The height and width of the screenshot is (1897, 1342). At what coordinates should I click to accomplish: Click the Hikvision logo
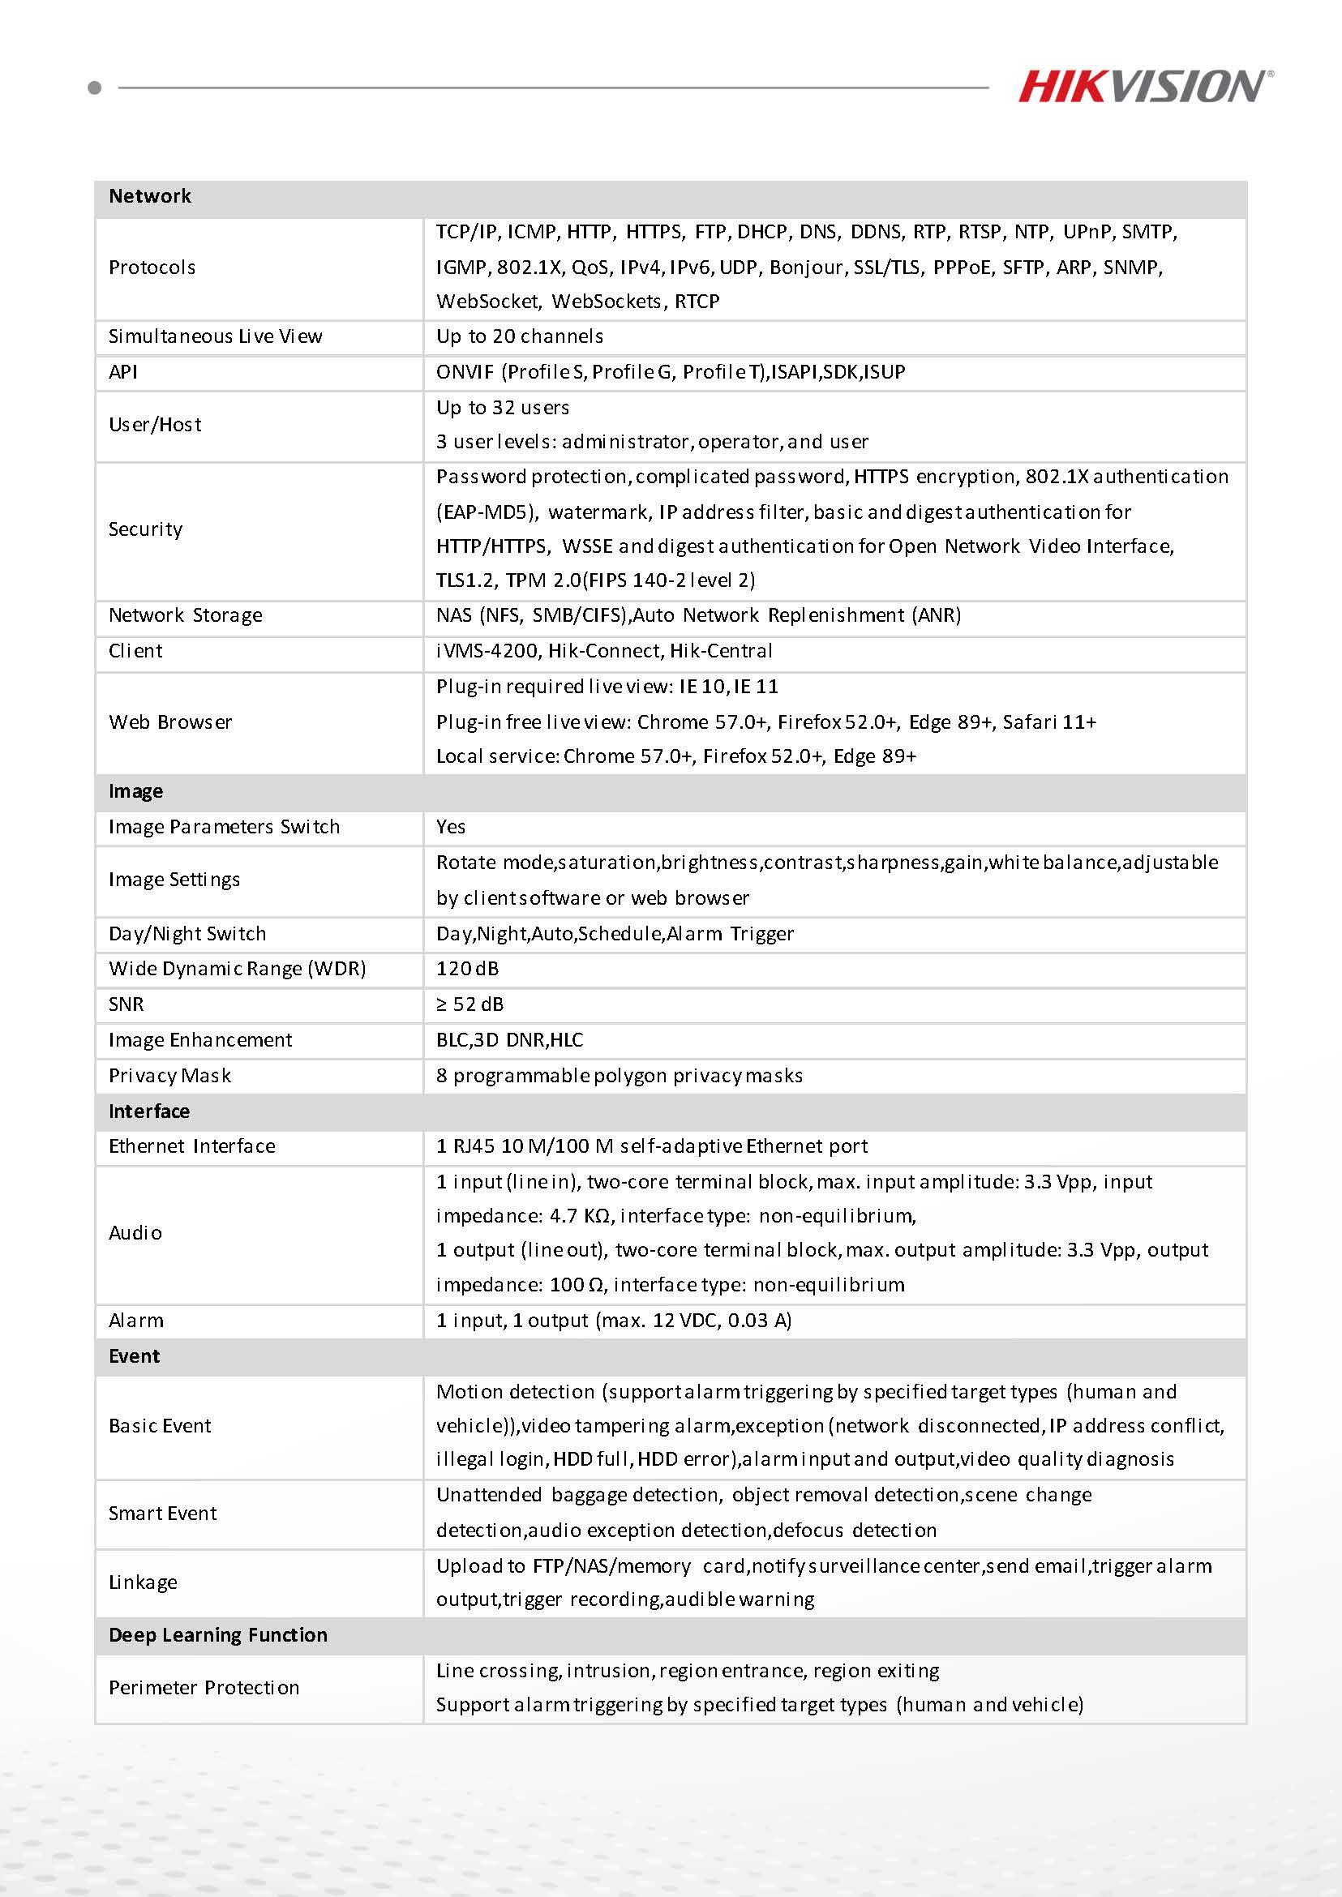click(x=1144, y=86)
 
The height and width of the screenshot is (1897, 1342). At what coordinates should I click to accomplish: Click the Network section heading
click(x=149, y=196)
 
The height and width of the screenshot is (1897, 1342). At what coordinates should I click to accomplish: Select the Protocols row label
click(x=152, y=267)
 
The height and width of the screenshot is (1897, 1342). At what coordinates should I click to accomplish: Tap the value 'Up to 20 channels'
click(x=520, y=336)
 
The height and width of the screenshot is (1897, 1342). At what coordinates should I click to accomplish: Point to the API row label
click(x=123, y=372)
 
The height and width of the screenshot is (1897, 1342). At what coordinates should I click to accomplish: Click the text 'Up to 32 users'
click(x=503, y=407)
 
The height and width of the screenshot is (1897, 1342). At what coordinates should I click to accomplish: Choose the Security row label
click(x=145, y=529)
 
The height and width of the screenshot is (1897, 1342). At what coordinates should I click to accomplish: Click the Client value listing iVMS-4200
click(x=604, y=650)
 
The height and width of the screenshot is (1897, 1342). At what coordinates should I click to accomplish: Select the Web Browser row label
click(x=170, y=722)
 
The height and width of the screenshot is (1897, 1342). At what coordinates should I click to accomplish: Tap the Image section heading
click(x=135, y=790)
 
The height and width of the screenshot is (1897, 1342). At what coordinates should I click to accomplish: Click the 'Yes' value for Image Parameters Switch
click(x=450, y=826)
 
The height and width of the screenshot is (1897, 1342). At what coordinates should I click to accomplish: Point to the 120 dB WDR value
click(x=467, y=968)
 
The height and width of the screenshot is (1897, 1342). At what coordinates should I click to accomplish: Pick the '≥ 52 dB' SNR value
click(x=469, y=1004)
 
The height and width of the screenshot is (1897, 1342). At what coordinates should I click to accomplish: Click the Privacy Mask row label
click(x=169, y=1075)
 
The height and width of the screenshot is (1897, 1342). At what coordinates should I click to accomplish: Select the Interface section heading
click(x=148, y=1111)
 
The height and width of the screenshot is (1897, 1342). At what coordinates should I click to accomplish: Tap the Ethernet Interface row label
click(x=191, y=1146)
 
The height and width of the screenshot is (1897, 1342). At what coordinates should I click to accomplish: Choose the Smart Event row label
click(x=162, y=1513)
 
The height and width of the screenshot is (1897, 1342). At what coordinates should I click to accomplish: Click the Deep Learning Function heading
click(x=218, y=1634)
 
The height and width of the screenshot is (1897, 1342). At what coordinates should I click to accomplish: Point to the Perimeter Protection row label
click(x=204, y=1687)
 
